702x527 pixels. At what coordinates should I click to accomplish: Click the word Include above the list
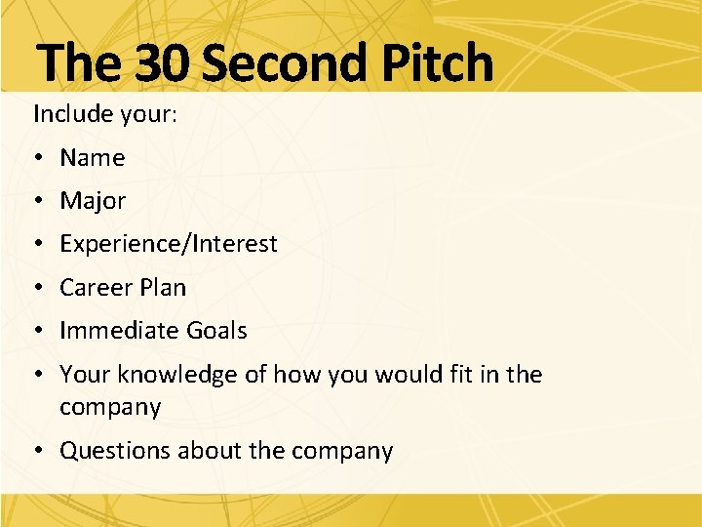71,113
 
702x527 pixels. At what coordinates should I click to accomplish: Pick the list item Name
93,157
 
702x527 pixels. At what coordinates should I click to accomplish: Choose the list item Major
93,201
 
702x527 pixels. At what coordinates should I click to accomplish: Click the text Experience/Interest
169,244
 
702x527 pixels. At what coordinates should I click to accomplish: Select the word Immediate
119,331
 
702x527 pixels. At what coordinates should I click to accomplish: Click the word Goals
216,331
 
